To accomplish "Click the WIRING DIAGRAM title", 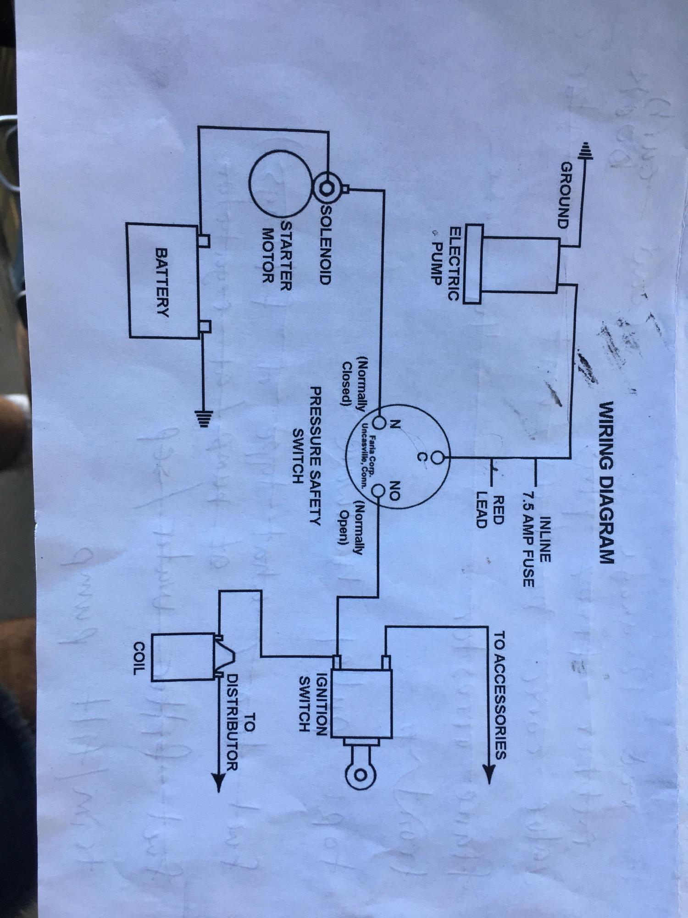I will (606, 482).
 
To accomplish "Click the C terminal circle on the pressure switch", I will (438, 458).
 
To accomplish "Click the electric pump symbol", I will (514, 264).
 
